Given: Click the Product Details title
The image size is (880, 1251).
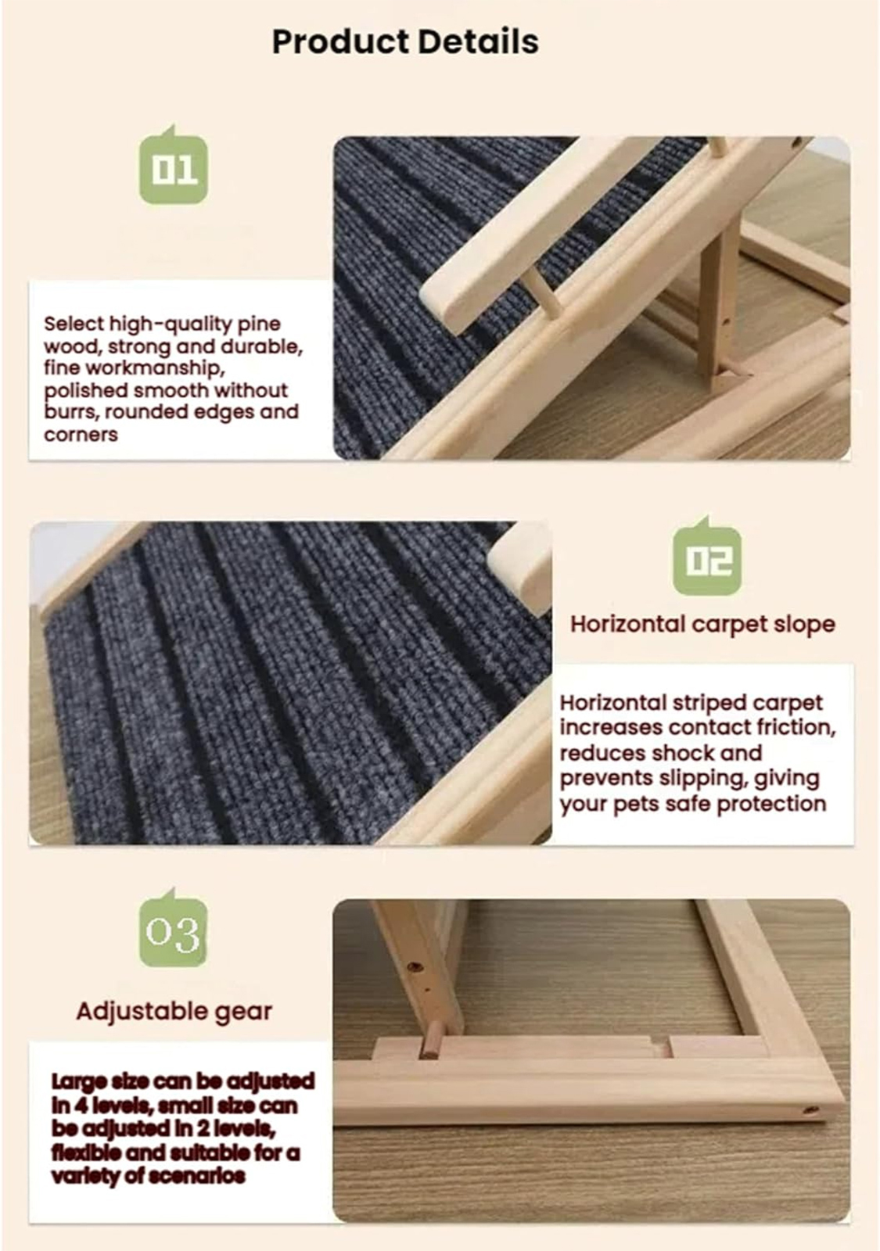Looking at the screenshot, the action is click(405, 42).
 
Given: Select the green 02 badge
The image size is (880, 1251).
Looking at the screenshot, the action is click(707, 557).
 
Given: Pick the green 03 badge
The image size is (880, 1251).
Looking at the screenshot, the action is click(173, 931).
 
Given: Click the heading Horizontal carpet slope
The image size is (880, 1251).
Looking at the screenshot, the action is click(703, 624).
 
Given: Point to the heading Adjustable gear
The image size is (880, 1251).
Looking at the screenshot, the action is click(174, 1012).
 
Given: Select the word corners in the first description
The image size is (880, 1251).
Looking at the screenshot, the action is click(81, 435).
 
